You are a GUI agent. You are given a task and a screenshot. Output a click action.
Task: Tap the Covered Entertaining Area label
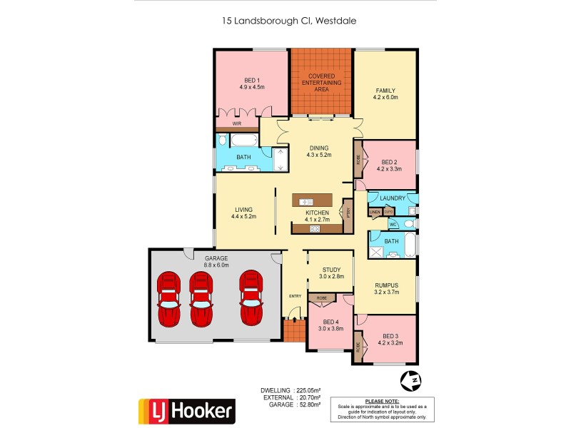[321, 83]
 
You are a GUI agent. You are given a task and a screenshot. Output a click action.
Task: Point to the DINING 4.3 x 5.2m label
[319, 151]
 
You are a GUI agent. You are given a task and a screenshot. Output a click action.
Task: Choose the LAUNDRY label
[393, 198]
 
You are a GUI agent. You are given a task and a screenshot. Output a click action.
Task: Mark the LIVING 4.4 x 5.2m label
[243, 212]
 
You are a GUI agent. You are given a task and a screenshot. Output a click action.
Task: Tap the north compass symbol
[410, 382]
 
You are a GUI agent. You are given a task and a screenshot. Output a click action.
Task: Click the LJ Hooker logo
[186, 410]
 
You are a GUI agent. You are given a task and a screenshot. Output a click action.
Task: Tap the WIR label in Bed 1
[226, 123]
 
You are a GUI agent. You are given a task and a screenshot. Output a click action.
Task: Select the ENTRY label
[295, 296]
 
